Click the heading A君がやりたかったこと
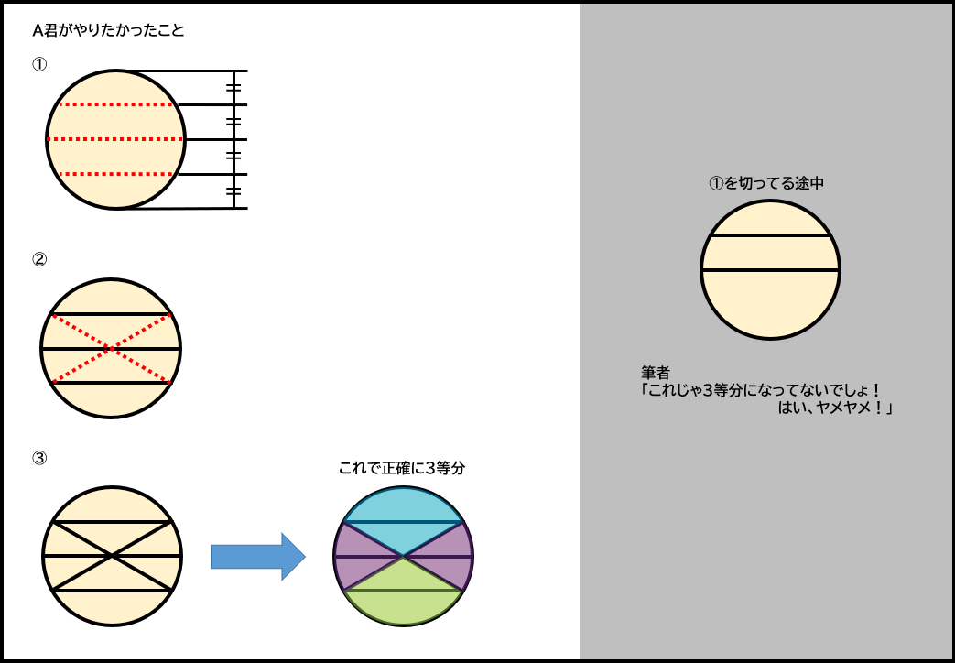tap(108, 30)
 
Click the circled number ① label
tap(39, 65)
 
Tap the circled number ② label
tap(39, 259)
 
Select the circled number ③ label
tap(39, 458)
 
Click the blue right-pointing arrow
tap(257, 556)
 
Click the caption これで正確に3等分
tap(402, 468)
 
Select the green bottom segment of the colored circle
tap(403, 595)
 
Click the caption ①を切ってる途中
tap(767, 183)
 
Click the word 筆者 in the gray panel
tap(656, 373)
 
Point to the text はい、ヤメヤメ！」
tap(834, 408)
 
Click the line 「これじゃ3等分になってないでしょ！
tap(761, 390)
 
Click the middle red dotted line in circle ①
tap(115, 139)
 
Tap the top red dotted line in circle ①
tap(115, 104)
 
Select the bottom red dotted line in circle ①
tap(115, 174)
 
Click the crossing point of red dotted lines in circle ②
tap(110, 349)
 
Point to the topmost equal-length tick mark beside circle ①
tap(233, 88)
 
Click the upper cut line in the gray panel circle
tap(770, 236)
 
